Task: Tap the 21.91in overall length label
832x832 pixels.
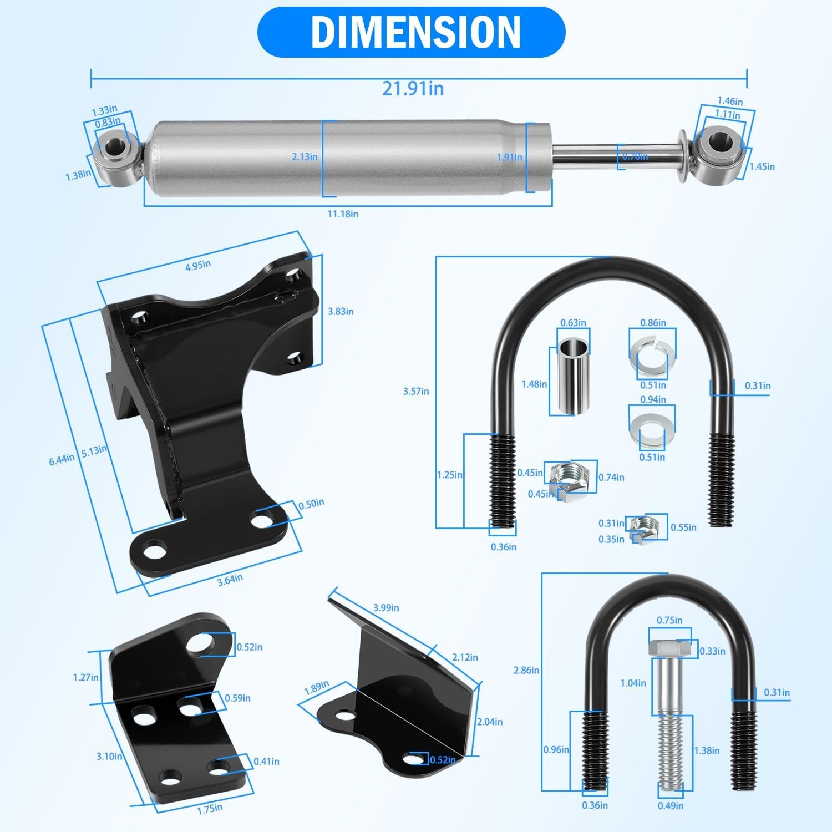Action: pos(413,88)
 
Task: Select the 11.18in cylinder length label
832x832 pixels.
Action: pos(342,214)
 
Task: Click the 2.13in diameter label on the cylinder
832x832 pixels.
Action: pos(305,156)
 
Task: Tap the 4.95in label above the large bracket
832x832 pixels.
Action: pos(198,265)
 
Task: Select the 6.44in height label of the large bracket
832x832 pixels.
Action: pos(61,459)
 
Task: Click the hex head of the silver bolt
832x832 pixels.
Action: pos(669,647)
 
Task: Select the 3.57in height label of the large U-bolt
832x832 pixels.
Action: pos(416,391)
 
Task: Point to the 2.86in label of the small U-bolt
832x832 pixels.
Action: pos(526,670)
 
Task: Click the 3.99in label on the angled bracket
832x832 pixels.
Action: pos(385,607)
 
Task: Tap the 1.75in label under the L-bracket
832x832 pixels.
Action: pos(210,809)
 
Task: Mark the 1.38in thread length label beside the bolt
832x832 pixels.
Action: pos(707,750)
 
